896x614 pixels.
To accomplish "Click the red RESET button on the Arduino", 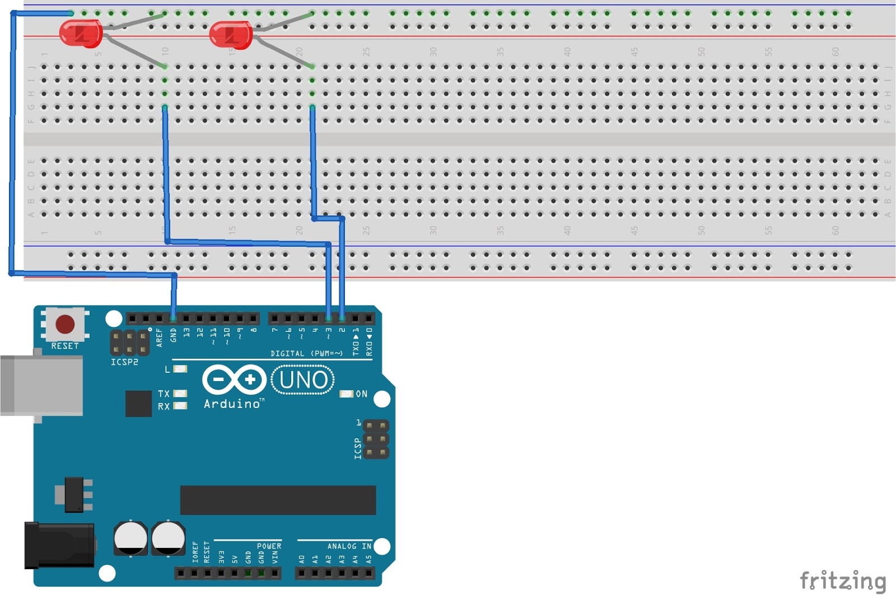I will point(65,324).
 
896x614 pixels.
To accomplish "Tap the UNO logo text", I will point(303,380).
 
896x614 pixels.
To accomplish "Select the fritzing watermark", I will point(842,582).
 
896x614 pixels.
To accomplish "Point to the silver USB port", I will point(42,385).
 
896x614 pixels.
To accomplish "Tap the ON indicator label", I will point(362,394).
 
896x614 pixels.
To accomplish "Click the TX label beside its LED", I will point(164,394).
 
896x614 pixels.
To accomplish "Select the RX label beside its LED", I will point(164,406).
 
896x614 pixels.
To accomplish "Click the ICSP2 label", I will point(124,362).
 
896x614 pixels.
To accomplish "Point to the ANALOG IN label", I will point(349,546).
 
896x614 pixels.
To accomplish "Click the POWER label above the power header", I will point(269,546).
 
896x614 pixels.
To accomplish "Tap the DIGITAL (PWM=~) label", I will point(306,354).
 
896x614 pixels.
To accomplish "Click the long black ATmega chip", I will point(278,500).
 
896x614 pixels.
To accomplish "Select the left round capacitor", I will point(131,538).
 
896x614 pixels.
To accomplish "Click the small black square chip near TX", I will point(138,404).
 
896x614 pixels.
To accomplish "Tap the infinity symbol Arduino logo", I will point(234,379).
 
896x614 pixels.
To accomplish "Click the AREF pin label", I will point(160,338).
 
